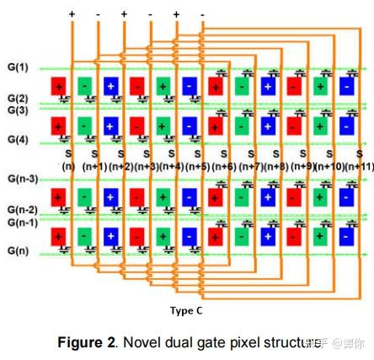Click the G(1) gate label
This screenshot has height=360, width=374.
(18, 67)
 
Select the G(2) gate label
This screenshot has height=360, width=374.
(18, 99)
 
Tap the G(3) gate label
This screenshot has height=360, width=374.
(18, 110)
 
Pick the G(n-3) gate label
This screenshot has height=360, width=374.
(23, 179)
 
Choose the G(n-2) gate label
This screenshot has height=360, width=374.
(23, 209)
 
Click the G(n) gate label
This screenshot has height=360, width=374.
(18, 250)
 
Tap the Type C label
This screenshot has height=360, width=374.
(185, 310)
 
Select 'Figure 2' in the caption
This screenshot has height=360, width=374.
(88, 343)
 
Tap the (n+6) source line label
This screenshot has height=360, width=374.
(224, 166)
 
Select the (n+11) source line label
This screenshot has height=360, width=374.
(359, 166)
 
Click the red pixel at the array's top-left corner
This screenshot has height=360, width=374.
(59, 85)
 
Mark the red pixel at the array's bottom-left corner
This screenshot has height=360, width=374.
(59, 235)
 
